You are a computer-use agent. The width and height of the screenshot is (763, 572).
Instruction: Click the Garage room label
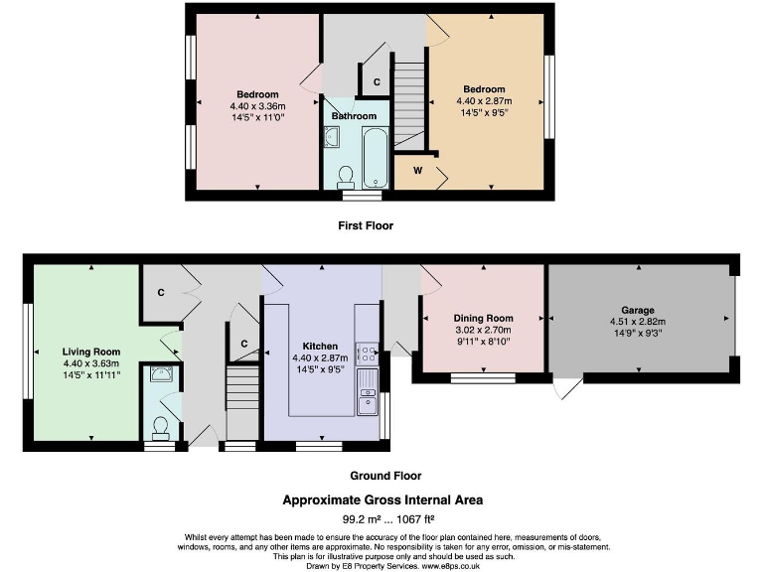coord(638,309)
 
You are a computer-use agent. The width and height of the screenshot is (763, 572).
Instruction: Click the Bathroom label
coord(354,116)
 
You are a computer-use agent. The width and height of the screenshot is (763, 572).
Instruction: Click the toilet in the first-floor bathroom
coord(347,176)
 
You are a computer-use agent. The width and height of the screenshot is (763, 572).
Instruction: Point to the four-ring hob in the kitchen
coord(366,355)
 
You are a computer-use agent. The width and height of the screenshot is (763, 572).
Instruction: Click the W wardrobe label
coord(417,170)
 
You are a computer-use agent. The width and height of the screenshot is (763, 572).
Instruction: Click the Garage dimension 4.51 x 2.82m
coord(638,322)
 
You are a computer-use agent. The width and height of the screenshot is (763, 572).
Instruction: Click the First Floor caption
coord(366,225)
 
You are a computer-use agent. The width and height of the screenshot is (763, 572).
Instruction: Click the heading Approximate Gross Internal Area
coord(382,500)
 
